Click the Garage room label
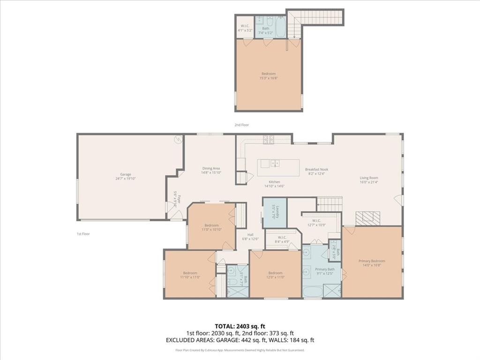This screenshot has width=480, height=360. click(x=125, y=176)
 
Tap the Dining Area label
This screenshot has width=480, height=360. click(x=211, y=170)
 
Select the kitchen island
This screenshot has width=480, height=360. click(x=278, y=167)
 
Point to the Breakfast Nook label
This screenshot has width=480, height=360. click(x=316, y=172)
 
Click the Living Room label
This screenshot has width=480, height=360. click(x=368, y=180)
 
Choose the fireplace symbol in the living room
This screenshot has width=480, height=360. click(x=367, y=217)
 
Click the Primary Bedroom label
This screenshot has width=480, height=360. click(x=372, y=263)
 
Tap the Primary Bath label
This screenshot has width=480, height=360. click(x=324, y=271)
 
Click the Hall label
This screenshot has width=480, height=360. click(x=250, y=237)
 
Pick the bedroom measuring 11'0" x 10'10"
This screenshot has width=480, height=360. click(x=211, y=227)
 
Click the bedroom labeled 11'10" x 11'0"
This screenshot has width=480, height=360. click(x=190, y=275)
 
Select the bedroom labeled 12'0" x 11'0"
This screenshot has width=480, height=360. click(x=275, y=275)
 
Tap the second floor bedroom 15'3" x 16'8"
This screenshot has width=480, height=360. click(x=268, y=75)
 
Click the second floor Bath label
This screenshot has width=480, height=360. click(x=266, y=30)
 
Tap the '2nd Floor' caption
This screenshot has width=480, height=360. click(x=242, y=125)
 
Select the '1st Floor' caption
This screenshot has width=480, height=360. click(x=83, y=233)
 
